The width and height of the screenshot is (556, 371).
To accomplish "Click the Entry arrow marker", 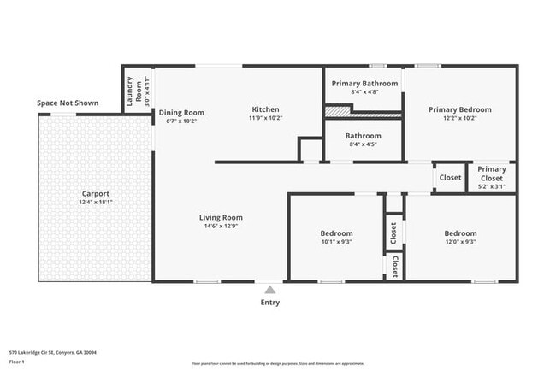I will pyautogui.click(x=270, y=289).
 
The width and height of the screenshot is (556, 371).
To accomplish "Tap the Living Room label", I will pyautogui.click(x=222, y=217).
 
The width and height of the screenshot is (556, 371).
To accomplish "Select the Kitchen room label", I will pyautogui.click(x=265, y=109).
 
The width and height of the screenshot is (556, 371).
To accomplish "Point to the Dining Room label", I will pyautogui.click(x=181, y=112).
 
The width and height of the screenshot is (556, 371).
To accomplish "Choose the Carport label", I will pyautogui.click(x=95, y=194).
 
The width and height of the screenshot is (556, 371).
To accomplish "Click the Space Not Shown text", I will pyautogui.click(x=68, y=103).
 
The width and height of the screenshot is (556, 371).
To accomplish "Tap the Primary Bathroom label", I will pyautogui.click(x=364, y=83).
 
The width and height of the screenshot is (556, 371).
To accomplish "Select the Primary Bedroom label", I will pyautogui.click(x=460, y=109).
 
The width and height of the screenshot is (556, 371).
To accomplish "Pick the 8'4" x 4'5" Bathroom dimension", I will pyautogui.click(x=364, y=144).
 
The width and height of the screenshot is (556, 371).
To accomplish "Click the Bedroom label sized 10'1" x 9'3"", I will pyautogui.click(x=336, y=233).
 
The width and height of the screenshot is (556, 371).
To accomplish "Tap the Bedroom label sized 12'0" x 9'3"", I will pyautogui.click(x=460, y=233).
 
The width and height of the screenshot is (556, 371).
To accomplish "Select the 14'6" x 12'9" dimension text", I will pyautogui.click(x=222, y=226).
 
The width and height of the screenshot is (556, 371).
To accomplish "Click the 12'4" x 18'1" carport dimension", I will pyautogui.click(x=95, y=203).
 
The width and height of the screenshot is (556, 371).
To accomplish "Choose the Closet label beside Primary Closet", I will pyautogui.click(x=450, y=178).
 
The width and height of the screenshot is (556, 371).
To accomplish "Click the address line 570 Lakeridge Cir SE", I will pyautogui.click(x=53, y=351).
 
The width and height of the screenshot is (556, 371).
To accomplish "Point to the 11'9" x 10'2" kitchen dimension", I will pyautogui.click(x=265, y=118).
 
